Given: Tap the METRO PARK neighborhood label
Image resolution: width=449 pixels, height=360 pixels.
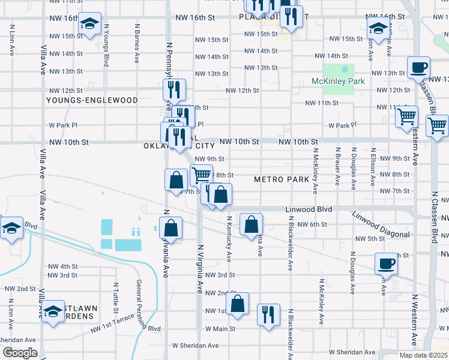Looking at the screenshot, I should (x=282, y=179).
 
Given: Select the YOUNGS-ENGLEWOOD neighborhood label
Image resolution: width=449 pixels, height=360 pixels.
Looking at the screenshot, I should (x=92, y=100).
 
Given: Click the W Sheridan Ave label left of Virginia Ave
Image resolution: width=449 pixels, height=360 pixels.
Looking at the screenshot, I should (x=196, y=346).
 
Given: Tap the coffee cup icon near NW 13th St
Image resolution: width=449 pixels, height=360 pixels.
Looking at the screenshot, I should (x=418, y=67).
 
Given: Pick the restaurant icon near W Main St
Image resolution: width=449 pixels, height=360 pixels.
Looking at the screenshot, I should (x=268, y=314).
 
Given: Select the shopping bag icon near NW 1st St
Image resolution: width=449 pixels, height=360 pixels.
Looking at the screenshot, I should (x=238, y=304).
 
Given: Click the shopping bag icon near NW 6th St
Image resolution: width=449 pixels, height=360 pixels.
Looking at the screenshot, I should (x=251, y=224).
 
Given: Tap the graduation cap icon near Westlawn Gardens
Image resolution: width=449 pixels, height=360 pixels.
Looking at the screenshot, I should (x=53, y=311).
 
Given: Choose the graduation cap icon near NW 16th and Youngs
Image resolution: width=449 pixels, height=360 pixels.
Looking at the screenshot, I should (x=90, y=24).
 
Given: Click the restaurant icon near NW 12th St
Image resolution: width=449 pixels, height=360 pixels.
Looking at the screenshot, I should (x=174, y=90).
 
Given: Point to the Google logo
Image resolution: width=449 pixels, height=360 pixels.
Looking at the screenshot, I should (x=19, y=353).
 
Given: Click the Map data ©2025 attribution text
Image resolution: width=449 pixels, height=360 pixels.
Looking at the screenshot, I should (x=423, y=355).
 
